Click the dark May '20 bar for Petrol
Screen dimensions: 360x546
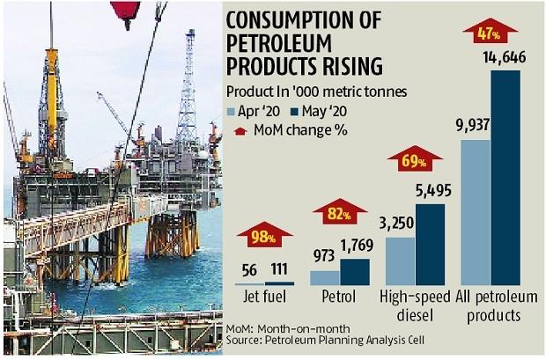click(355, 272)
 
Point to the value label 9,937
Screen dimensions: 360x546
click(468, 127)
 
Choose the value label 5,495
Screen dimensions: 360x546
click(432, 191)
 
